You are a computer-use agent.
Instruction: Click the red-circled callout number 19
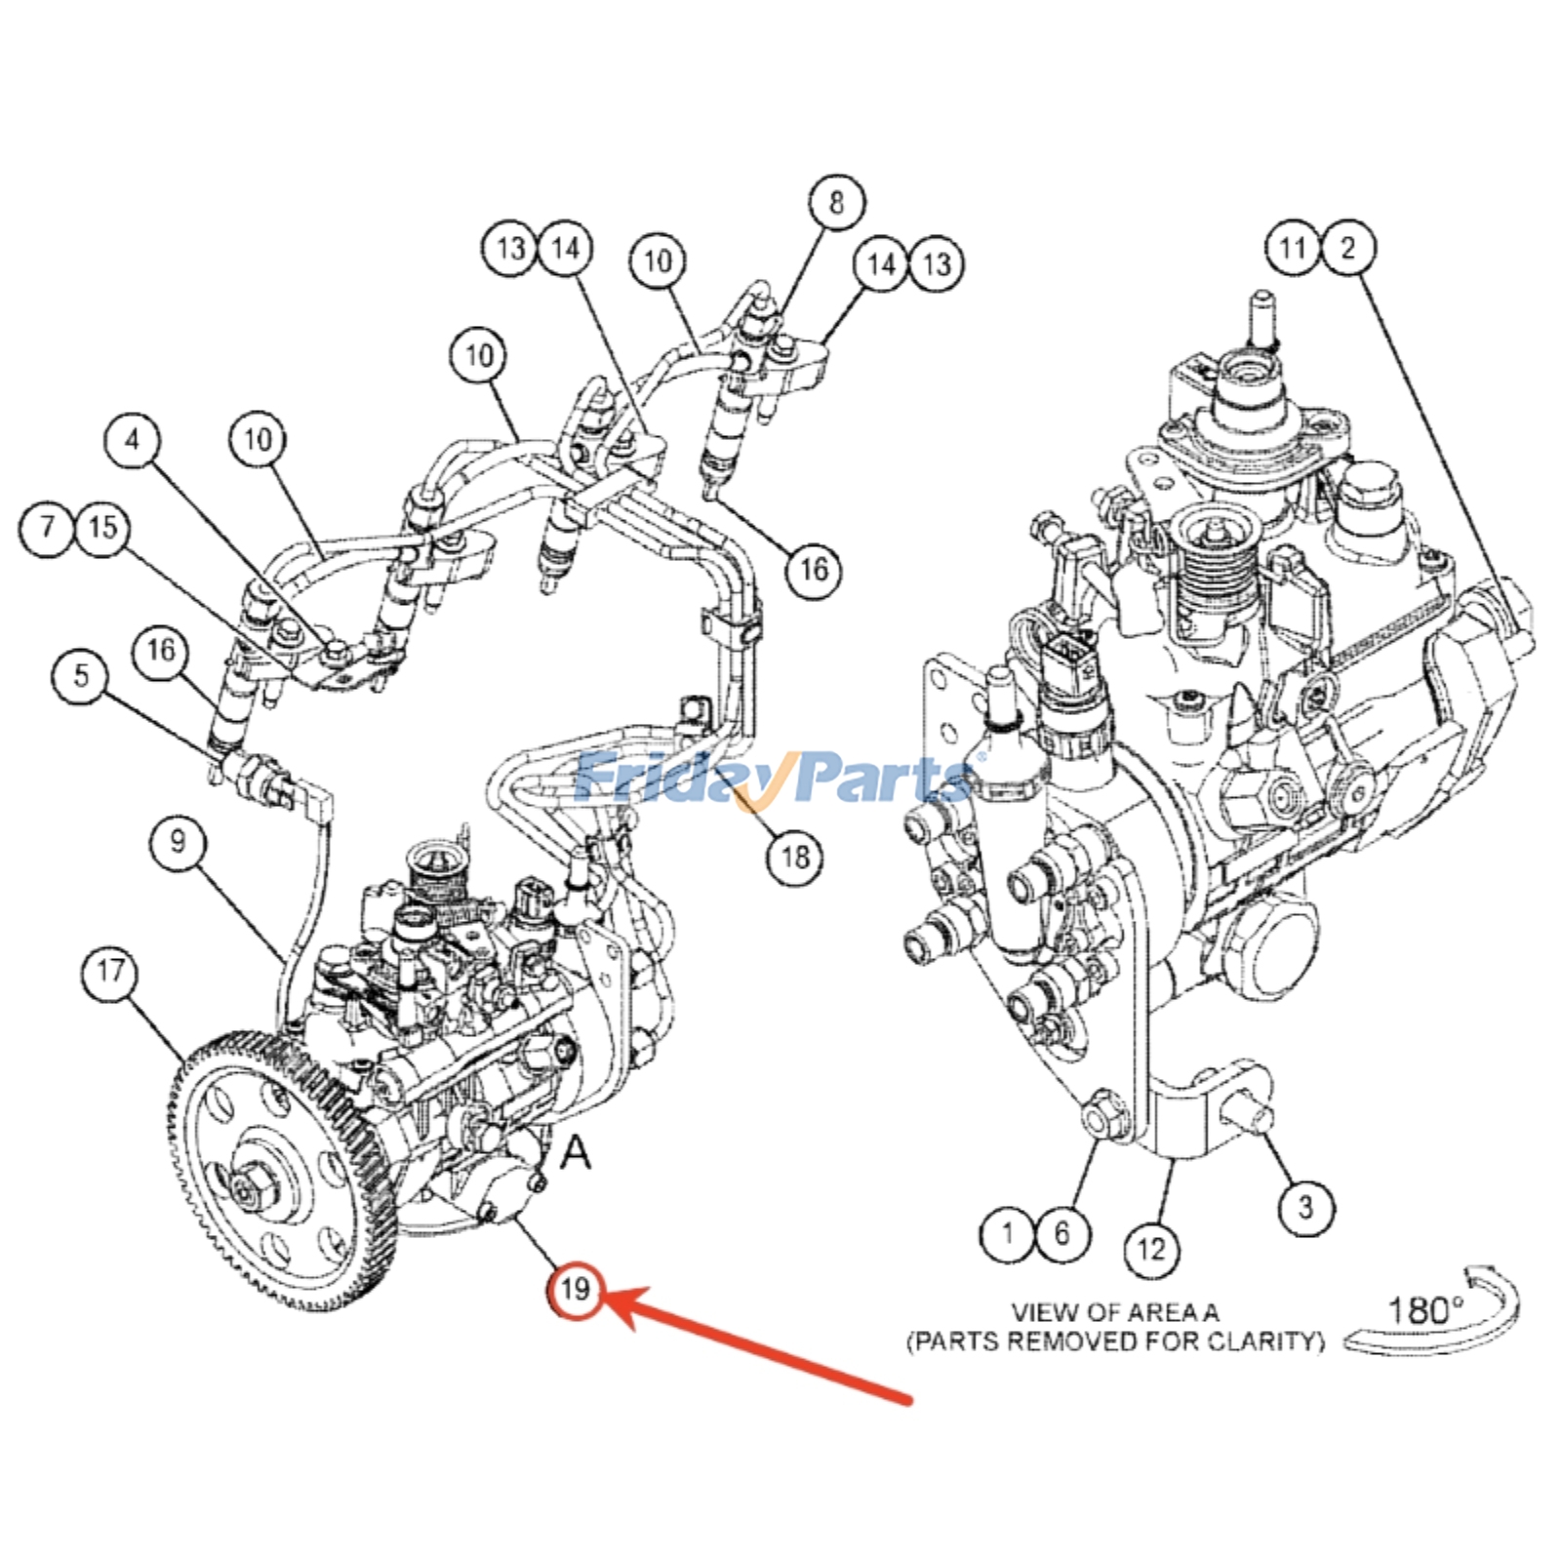(x=575, y=1290)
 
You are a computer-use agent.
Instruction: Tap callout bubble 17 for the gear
(x=109, y=972)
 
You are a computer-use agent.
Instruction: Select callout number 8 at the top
(x=836, y=203)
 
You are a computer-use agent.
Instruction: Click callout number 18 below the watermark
(x=795, y=858)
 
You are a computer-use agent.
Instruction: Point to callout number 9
(x=178, y=841)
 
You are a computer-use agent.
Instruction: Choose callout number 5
(x=81, y=675)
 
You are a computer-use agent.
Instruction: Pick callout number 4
(x=133, y=440)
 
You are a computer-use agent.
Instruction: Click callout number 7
(x=47, y=528)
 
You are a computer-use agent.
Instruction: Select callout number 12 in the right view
(x=1151, y=1250)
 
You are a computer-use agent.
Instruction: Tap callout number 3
(x=1306, y=1208)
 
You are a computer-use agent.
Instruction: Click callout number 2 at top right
(x=1348, y=247)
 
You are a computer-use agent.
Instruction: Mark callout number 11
(x=1293, y=247)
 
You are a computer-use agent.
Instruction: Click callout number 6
(x=1061, y=1233)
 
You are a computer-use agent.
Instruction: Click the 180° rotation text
(x=1425, y=1310)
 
